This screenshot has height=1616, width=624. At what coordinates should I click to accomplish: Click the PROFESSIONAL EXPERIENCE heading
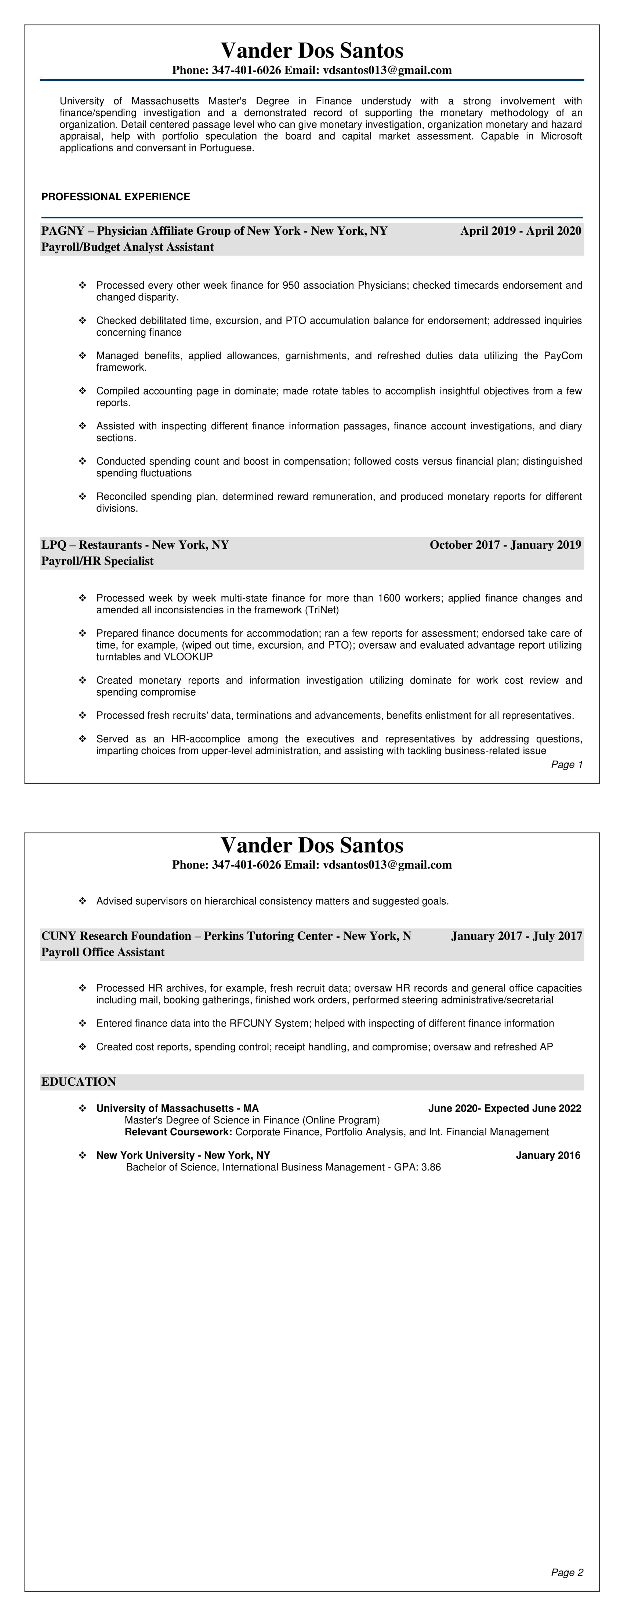pyautogui.click(x=115, y=197)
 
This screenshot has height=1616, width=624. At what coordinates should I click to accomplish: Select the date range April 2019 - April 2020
pyautogui.click(x=520, y=231)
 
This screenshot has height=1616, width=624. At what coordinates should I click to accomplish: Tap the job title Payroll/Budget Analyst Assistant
pyautogui.click(x=127, y=247)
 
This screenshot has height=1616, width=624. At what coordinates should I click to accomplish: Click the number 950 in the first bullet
pyautogui.click(x=291, y=285)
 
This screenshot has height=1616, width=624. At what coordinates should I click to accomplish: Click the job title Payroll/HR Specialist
pyautogui.click(x=97, y=561)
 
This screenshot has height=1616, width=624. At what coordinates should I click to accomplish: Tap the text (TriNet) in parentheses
pyautogui.click(x=322, y=610)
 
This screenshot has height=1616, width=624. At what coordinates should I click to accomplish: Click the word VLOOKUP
pyautogui.click(x=188, y=657)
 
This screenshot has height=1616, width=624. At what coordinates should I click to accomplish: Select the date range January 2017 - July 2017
pyautogui.click(x=516, y=936)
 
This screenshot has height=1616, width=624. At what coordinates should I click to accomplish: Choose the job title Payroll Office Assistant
pyautogui.click(x=103, y=952)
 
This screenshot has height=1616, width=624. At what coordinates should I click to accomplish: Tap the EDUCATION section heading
pyautogui.click(x=79, y=1082)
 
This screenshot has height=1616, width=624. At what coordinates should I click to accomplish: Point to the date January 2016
pyautogui.click(x=548, y=1155)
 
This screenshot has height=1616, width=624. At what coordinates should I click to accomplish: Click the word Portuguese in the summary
pyautogui.click(x=226, y=148)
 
